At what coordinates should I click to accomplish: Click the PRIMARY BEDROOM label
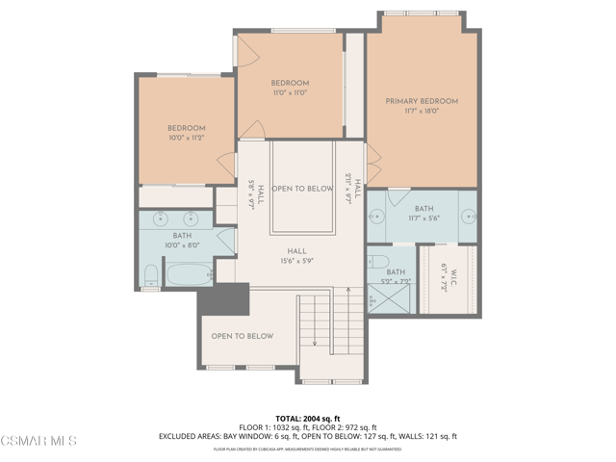(422, 101)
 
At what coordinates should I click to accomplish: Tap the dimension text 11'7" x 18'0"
(422, 111)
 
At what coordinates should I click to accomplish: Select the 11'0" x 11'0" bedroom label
(289, 88)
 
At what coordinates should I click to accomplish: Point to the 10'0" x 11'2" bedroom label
(187, 133)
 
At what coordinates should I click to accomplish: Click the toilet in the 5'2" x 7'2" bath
(379, 262)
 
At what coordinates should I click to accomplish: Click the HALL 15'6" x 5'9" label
(296, 255)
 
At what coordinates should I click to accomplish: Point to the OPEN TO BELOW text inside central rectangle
(302, 189)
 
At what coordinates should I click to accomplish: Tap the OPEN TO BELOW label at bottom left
(242, 336)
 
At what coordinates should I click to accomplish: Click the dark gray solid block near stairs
(223, 299)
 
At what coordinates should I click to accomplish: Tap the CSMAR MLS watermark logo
(38, 441)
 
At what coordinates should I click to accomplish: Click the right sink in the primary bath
(469, 216)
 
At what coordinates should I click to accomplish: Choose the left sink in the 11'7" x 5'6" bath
(378, 215)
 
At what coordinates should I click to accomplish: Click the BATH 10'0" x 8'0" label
(182, 240)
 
